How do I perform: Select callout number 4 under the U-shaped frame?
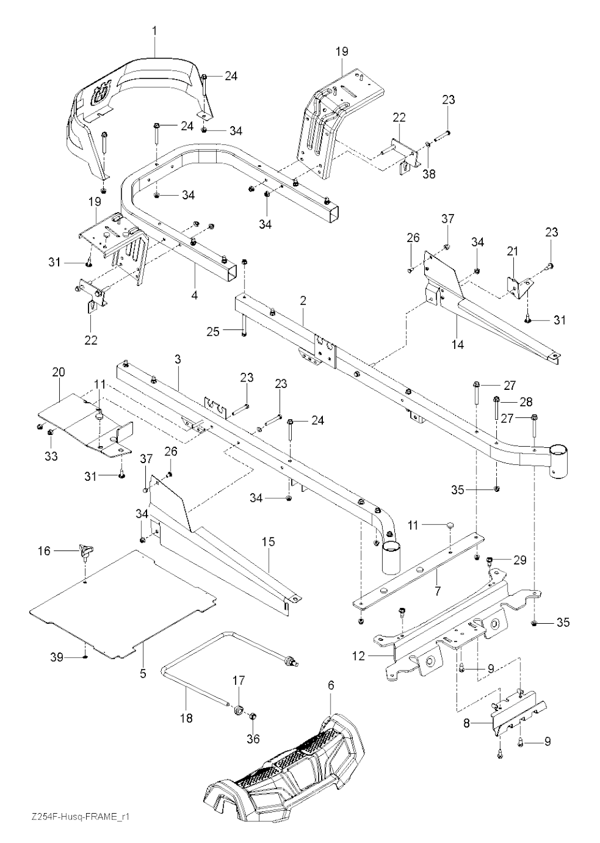coord(194,295)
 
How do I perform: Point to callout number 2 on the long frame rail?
coord(303,301)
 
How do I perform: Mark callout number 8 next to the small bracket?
coord(466,724)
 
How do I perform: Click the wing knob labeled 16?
coord(85,550)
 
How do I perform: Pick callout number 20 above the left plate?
coord(59,372)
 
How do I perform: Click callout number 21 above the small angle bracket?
coord(513,251)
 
